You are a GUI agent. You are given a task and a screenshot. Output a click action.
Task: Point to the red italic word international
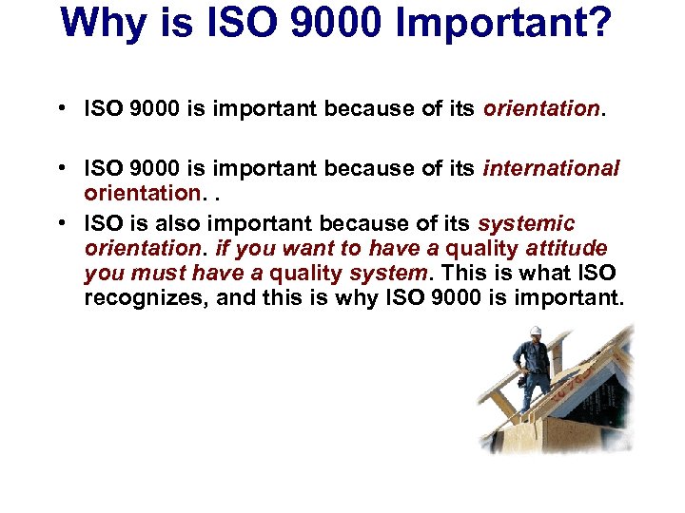coord(552,169)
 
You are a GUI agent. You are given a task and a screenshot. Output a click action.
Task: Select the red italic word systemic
coord(526,224)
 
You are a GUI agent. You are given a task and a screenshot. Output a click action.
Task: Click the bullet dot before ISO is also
coord(60,224)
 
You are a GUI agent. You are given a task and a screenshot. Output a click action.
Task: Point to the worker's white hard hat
coord(536,331)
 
